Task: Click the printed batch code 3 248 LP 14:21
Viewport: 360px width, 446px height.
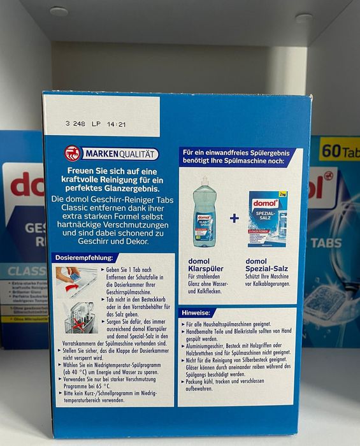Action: tap(96, 124)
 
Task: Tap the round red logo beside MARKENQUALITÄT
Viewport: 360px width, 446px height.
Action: tap(73, 154)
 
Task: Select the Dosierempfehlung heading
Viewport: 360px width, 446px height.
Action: tap(86, 258)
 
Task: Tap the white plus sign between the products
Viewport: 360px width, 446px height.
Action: tap(234, 219)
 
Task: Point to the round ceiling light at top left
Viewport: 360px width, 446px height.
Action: tap(59, 11)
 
